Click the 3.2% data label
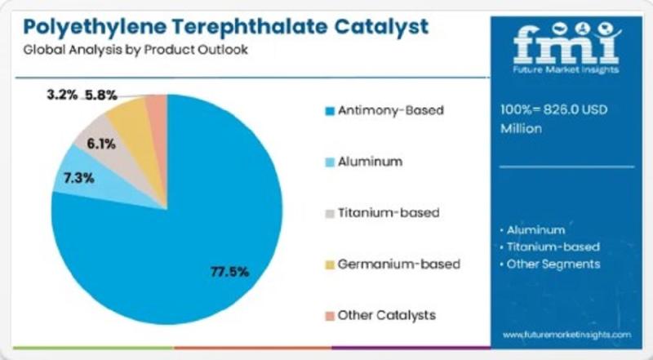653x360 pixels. [62, 95]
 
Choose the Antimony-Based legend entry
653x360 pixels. [384, 109]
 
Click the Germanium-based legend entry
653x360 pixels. [392, 264]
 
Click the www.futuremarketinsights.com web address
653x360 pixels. [566, 335]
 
